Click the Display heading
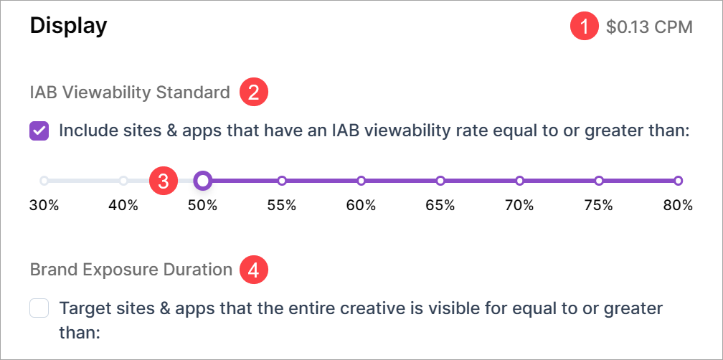point(68,27)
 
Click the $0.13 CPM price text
point(649,27)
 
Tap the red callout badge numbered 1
point(585,27)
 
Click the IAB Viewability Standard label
point(130,93)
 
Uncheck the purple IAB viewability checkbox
point(39,131)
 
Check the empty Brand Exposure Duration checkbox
point(39,308)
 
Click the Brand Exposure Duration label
point(131,270)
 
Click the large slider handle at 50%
point(202,181)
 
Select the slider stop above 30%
point(44,181)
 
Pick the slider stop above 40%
point(123,181)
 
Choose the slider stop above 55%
point(282,181)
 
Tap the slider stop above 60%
point(361,181)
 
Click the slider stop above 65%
point(440,181)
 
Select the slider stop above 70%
point(519,181)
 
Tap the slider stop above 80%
point(679,181)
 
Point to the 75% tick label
point(599,206)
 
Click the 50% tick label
point(202,206)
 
